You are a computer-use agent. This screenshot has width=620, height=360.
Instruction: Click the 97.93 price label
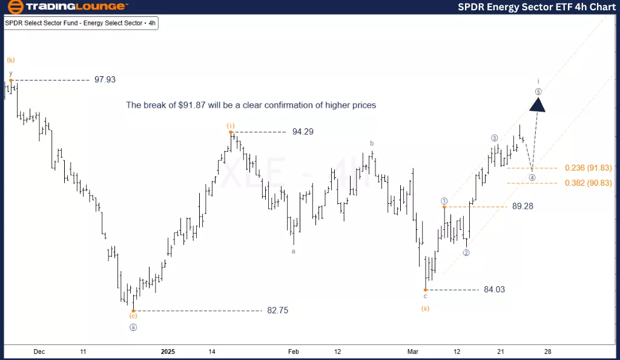105,80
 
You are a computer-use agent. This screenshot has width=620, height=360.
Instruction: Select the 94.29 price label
303,132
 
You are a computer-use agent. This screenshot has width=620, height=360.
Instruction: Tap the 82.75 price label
277,310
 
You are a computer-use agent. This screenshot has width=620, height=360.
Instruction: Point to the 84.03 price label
495,289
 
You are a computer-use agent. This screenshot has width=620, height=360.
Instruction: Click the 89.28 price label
523,206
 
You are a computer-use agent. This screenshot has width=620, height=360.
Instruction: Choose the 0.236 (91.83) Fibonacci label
589,168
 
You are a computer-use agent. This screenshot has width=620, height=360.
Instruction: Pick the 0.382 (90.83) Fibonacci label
589,183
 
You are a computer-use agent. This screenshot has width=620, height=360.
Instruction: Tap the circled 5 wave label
538,92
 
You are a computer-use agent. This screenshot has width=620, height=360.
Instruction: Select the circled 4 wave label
532,177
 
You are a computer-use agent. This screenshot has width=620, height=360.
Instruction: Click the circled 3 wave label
495,138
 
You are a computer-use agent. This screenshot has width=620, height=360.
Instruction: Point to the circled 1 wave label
444,201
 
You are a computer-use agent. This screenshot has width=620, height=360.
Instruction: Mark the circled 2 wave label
466,253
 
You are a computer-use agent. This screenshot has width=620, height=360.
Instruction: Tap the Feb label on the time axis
294,352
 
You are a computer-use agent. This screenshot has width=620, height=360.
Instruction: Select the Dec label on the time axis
39,352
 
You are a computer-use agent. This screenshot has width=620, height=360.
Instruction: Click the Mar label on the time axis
413,352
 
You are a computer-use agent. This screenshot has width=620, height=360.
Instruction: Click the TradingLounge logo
67,7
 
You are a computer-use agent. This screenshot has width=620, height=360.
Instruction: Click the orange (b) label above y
11,60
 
